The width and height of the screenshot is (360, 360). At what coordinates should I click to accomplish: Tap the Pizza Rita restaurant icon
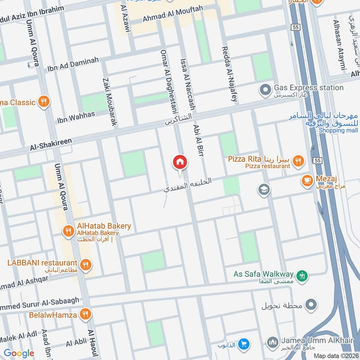click(x=297, y=160)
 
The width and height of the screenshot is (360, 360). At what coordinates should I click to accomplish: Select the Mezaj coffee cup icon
click(x=307, y=180)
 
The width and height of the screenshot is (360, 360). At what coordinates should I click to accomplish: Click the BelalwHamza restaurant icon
click(x=84, y=314)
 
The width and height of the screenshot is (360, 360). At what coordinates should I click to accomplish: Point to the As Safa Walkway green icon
click(x=302, y=274)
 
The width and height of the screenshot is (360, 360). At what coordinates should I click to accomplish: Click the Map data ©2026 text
click(x=336, y=355)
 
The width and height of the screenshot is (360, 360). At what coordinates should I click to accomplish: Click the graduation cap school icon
click(x=264, y=190)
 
